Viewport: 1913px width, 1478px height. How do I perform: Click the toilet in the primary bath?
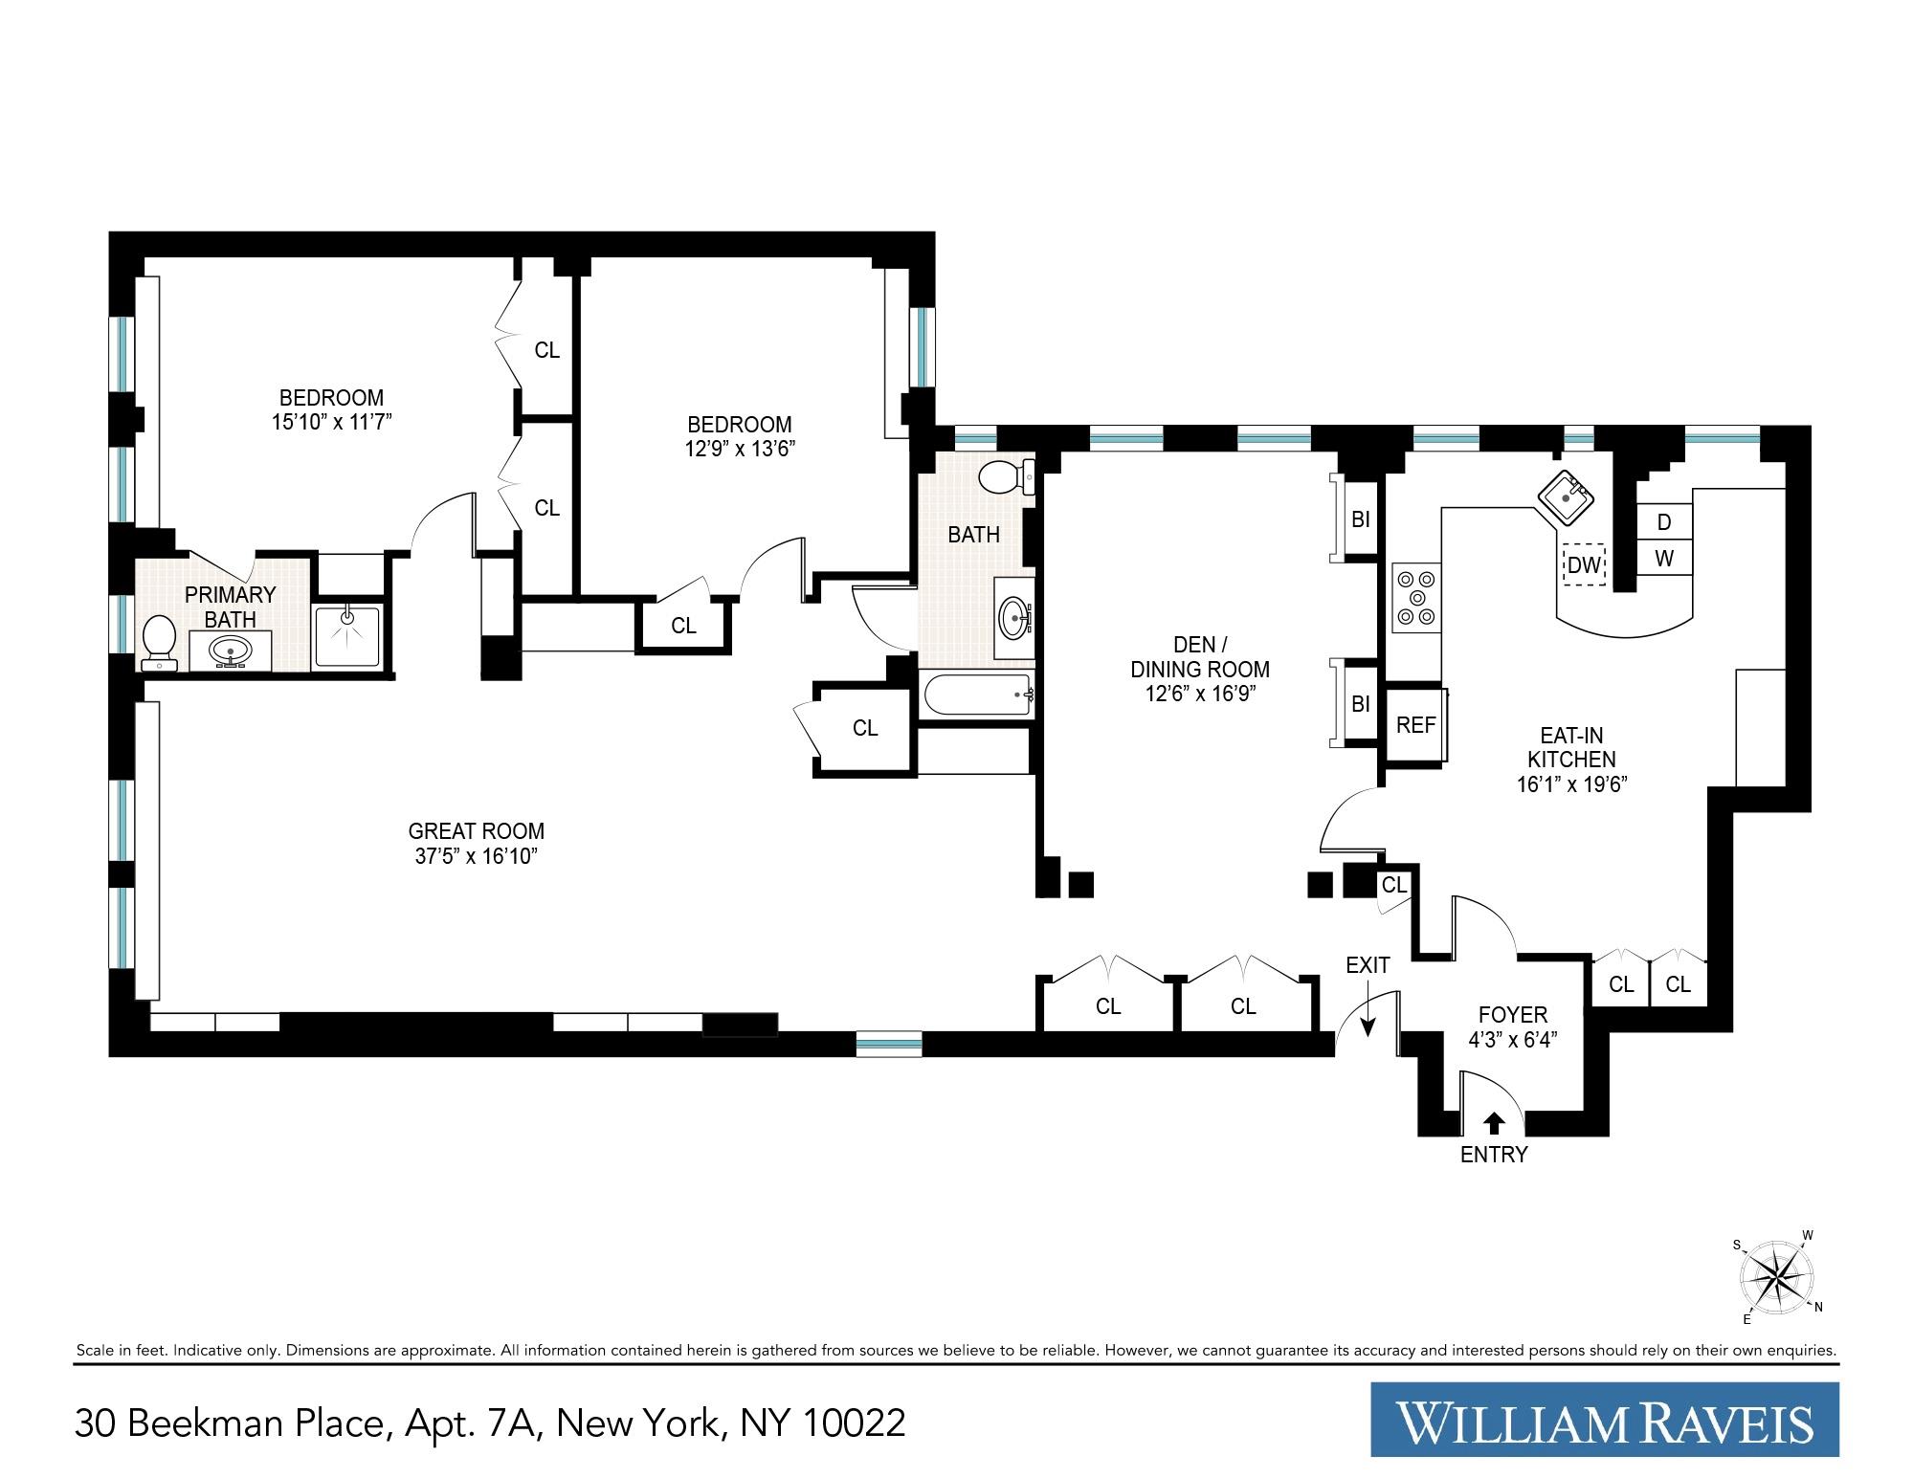(158, 641)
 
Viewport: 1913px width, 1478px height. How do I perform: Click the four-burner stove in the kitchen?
(1416, 597)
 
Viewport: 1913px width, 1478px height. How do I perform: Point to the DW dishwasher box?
(1584, 565)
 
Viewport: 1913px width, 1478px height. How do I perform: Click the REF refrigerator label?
(1415, 725)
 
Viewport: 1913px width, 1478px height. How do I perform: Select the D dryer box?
(1664, 522)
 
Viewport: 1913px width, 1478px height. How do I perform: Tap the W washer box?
(1664, 559)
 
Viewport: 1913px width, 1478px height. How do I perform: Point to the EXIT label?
(1368, 965)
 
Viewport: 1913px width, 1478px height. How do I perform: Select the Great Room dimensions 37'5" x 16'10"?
(477, 856)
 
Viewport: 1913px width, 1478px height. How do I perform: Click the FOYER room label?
(1513, 1015)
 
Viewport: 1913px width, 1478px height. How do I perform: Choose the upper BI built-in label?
(1360, 520)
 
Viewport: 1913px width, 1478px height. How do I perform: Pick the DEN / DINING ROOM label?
(1200, 657)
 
